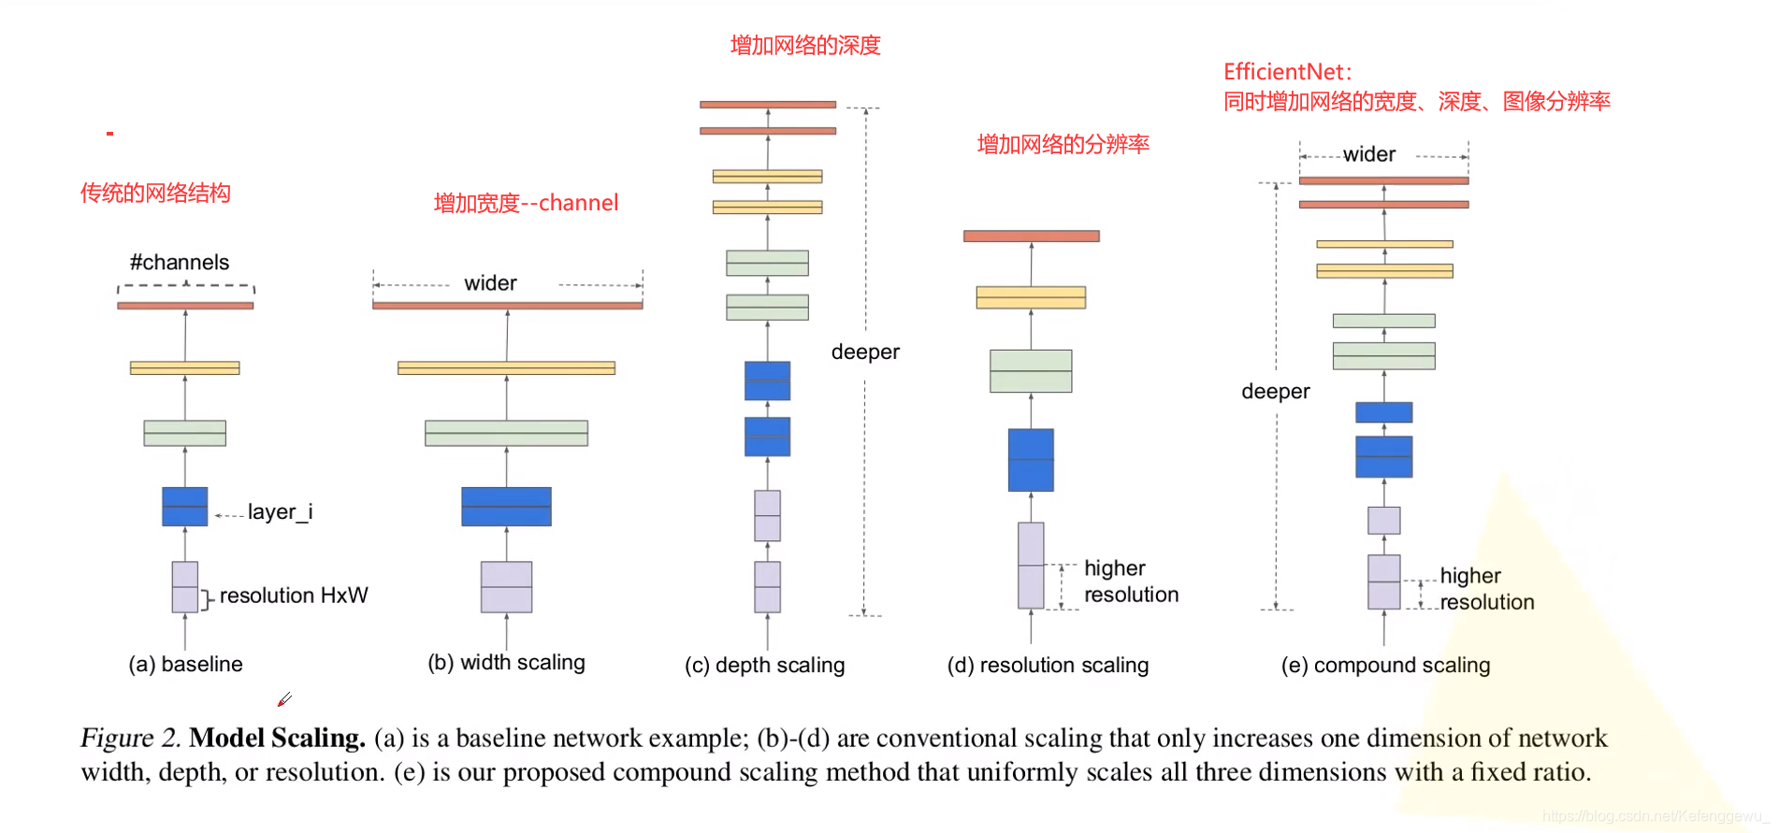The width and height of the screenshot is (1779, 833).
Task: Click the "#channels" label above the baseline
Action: pos(180,263)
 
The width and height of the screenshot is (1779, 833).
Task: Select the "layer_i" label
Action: pos(280,512)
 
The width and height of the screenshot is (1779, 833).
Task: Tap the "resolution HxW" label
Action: pos(294,596)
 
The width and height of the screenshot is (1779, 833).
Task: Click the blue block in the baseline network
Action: pos(185,507)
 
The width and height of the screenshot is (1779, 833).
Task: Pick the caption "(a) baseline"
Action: pos(185,665)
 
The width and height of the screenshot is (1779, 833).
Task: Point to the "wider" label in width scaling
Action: pos(490,283)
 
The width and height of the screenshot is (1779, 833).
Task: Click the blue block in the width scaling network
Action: pos(506,507)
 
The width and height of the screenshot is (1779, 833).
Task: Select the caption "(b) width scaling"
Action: pos(506,663)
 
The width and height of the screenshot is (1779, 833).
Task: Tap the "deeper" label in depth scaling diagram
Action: pos(865,352)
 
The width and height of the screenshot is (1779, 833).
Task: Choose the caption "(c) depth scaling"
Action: pos(764,666)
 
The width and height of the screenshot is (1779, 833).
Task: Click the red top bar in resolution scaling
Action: pos(1031,237)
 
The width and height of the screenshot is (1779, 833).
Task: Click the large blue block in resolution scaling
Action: pos(1031,460)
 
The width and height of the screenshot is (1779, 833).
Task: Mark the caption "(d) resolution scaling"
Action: pos(1048,666)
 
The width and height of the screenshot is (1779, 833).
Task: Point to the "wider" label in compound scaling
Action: pos(1369,155)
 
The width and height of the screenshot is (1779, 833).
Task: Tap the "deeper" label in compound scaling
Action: pos(1275,392)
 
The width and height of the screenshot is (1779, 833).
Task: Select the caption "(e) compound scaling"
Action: pos(1385,666)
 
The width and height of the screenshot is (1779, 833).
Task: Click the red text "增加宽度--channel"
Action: pos(526,203)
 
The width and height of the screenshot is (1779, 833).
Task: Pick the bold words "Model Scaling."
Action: pos(277,739)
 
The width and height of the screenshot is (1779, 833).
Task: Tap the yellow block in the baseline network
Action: pos(185,368)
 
